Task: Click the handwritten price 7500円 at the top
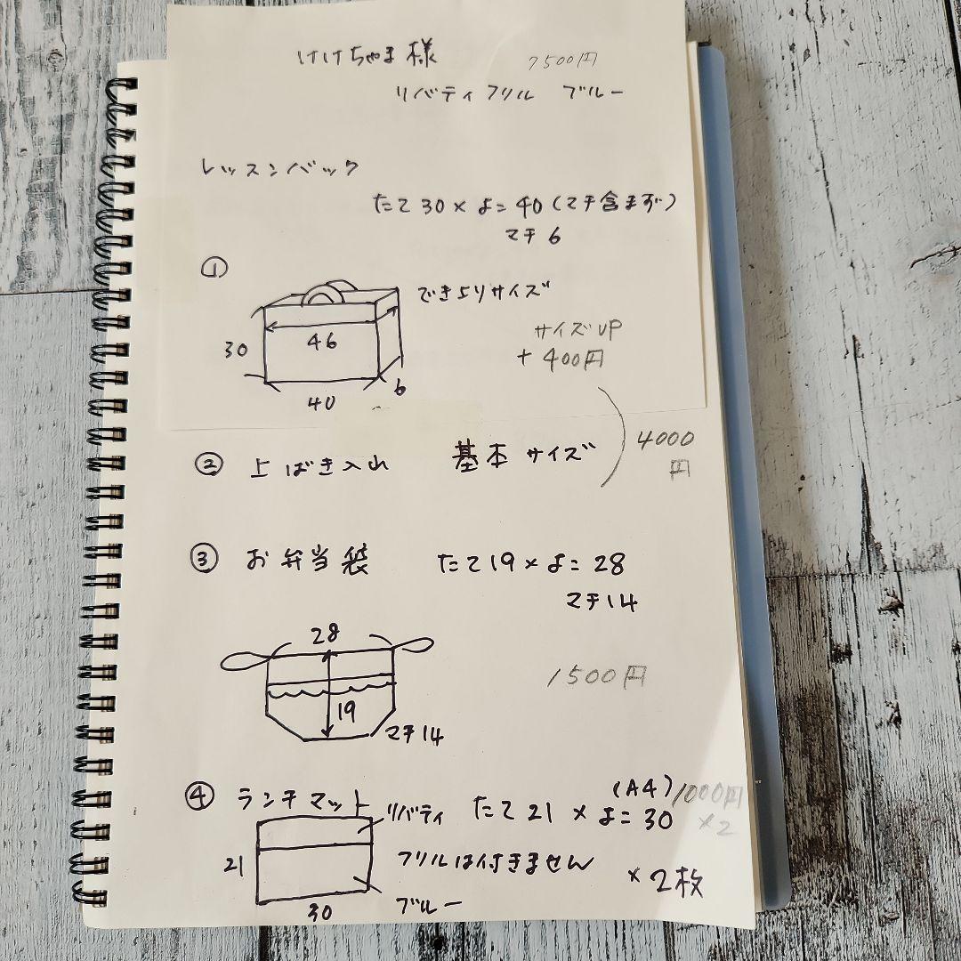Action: (x=562, y=61)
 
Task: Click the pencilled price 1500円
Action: (x=597, y=678)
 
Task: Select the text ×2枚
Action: (x=666, y=881)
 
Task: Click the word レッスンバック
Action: (x=280, y=166)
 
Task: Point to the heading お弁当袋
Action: (x=307, y=561)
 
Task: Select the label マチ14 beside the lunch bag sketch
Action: (x=415, y=735)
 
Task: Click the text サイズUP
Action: (x=577, y=329)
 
